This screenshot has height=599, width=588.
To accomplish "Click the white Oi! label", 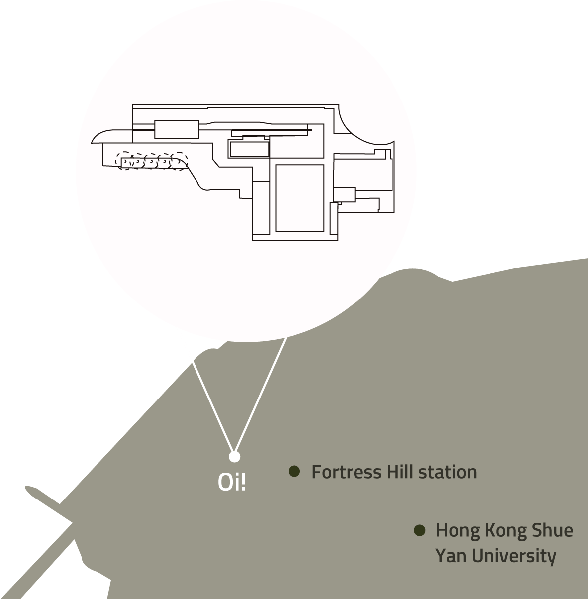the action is pyautogui.click(x=232, y=482).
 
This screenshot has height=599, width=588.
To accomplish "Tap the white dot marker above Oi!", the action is pyautogui.click(x=234, y=457).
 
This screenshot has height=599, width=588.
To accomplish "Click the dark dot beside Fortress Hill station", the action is pyautogui.click(x=294, y=471).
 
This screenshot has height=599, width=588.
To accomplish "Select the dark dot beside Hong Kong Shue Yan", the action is pyautogui.click(x=419, y=530).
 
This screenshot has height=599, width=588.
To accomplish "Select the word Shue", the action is pyautogui.click(x=552, y=530).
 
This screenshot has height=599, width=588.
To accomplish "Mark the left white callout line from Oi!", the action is pyautogui.click(x=213, y=406).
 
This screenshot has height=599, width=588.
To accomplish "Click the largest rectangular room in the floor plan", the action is pyautogui.click(x=300, y=199).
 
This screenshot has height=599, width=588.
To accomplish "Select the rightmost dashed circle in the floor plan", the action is pyautogui.click(x=180, y=161).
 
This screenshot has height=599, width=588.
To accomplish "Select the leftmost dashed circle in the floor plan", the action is pyautogui.click(x=124, y=161).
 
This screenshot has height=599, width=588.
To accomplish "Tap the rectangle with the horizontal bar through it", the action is pyautogui.click(x=177, y=129).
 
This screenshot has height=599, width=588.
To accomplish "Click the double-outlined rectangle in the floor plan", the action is pyautogui.click(x=249, y=149).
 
